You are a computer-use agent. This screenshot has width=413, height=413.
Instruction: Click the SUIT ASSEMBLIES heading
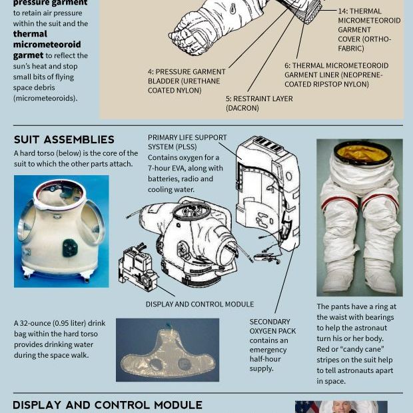tap(64, 139)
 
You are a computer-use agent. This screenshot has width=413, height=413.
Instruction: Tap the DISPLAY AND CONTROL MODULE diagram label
tap(200, 304)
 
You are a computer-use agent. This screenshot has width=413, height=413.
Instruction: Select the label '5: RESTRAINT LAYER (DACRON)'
tap(259, 103)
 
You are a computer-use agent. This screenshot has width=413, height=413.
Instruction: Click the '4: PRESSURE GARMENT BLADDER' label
tap(187, 81)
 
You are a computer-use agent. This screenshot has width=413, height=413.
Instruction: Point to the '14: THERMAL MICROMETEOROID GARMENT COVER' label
tap(369, 30)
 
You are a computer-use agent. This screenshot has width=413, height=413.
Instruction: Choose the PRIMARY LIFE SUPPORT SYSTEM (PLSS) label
tap(187, 142)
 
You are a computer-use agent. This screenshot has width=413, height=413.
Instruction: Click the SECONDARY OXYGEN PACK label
tap(272, 326)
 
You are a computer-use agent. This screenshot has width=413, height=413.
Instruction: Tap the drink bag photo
tap(167, 350)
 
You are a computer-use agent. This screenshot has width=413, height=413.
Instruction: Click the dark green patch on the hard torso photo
tap(70, 248)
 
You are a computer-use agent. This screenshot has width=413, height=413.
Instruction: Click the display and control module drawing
tap(137, 267)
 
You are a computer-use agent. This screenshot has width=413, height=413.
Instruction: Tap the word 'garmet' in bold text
tap(28, 55)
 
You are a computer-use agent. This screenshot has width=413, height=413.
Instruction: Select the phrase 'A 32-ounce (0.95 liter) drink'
tap(60, 323)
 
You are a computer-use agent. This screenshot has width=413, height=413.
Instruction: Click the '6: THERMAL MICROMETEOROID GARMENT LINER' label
tap(336, 75)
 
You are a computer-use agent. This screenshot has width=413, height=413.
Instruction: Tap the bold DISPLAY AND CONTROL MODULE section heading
tap(107, 404)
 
